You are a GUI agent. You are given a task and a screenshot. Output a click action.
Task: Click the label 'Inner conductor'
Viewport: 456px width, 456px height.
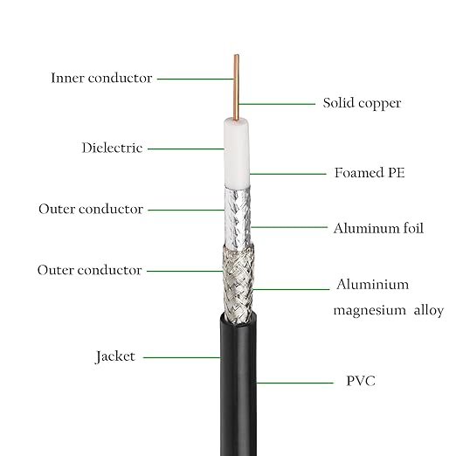101,78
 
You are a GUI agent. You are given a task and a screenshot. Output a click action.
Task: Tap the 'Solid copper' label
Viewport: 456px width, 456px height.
362,104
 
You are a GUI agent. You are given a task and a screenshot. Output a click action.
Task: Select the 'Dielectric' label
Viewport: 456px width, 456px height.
112,148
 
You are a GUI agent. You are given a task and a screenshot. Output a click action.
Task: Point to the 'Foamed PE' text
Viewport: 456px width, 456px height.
370,173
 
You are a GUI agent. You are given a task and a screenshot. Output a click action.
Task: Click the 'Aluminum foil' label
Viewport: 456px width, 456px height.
378,228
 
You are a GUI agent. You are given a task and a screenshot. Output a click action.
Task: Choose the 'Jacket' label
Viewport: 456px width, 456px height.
115,356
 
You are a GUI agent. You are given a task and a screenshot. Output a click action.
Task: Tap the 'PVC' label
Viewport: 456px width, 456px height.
361,381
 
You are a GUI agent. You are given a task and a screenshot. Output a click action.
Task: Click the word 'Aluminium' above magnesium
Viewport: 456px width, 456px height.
373,284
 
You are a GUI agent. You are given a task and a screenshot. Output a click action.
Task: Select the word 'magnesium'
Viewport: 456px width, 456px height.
370,310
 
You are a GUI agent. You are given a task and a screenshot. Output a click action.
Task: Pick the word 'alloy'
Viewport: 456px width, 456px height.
429,310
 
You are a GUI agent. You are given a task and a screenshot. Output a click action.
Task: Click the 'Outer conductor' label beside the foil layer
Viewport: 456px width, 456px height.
91,209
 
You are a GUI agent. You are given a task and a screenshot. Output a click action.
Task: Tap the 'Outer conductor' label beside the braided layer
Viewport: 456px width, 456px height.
90,270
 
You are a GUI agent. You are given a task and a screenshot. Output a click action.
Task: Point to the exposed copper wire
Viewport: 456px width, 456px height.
237,87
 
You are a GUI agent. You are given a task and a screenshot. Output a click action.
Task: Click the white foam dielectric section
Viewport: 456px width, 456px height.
237,153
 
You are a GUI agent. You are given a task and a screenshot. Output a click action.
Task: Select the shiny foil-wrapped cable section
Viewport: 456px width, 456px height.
238,218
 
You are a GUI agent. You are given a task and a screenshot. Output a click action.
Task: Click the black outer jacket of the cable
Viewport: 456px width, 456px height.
238,384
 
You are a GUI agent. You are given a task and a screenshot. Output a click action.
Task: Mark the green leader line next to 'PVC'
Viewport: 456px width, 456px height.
294,383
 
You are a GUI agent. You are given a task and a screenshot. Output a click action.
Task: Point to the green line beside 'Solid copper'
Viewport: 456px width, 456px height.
277,104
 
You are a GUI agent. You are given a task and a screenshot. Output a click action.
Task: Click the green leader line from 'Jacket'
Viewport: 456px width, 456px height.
182,357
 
